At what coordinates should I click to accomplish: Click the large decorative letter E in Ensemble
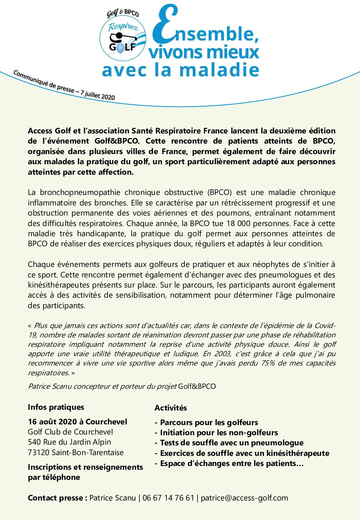(x=165, y=25)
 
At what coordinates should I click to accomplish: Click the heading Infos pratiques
(x=56, y=407)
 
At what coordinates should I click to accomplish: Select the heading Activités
(x=171, y=408)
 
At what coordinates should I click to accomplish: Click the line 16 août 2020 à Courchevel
(x=77, y=422)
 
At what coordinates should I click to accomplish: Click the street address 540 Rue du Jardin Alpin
(x=69, y=442)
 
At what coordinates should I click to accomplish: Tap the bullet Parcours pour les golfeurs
(x=209, y=423)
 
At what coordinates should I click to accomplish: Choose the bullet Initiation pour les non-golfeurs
(x=219, y=433)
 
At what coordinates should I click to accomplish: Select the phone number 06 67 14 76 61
(x=168, y=498)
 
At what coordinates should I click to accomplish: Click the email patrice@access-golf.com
(x=244, y=498)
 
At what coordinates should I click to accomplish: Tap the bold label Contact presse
(x=57, y=498)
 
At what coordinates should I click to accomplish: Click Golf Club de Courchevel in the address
(x=70, y=432)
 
